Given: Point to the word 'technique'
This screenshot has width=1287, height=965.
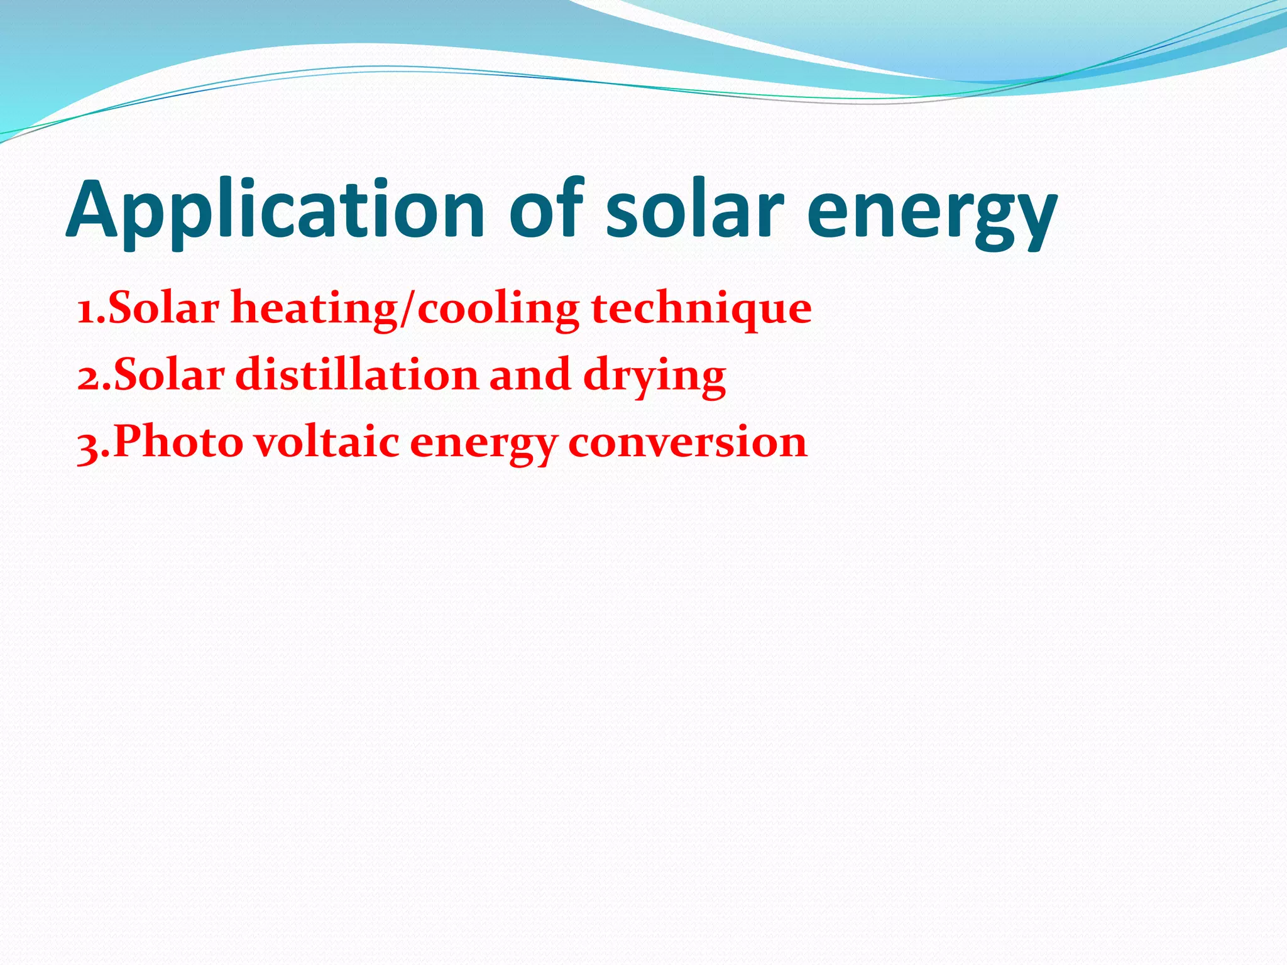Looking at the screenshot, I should (701, 310).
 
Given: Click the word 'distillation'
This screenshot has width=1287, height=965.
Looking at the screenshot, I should (357, 375).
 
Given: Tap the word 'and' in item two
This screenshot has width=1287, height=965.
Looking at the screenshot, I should (530, 375).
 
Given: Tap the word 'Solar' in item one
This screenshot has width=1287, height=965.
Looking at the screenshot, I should (164, 308).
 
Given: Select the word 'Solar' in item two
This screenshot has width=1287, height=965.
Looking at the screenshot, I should (168, 375).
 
